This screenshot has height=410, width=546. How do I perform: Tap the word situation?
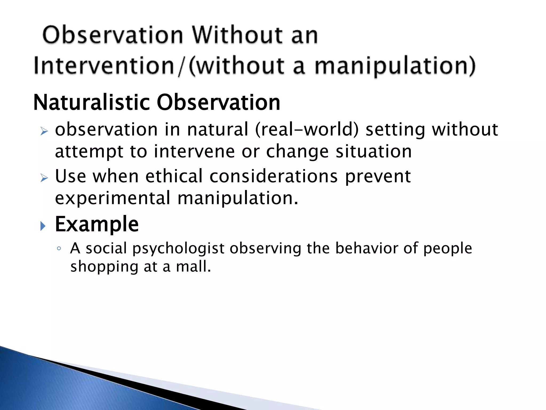coord(374,151)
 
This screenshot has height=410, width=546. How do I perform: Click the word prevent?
coord(378,177)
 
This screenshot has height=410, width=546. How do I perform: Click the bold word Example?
coord(97,224)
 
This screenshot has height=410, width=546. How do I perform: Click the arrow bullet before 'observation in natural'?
coord(44,131)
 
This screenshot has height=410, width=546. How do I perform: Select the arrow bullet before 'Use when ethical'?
coord(44,178)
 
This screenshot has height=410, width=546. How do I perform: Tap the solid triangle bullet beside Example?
coord(43,226)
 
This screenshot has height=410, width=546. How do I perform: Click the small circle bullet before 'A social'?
coord(59,249)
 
